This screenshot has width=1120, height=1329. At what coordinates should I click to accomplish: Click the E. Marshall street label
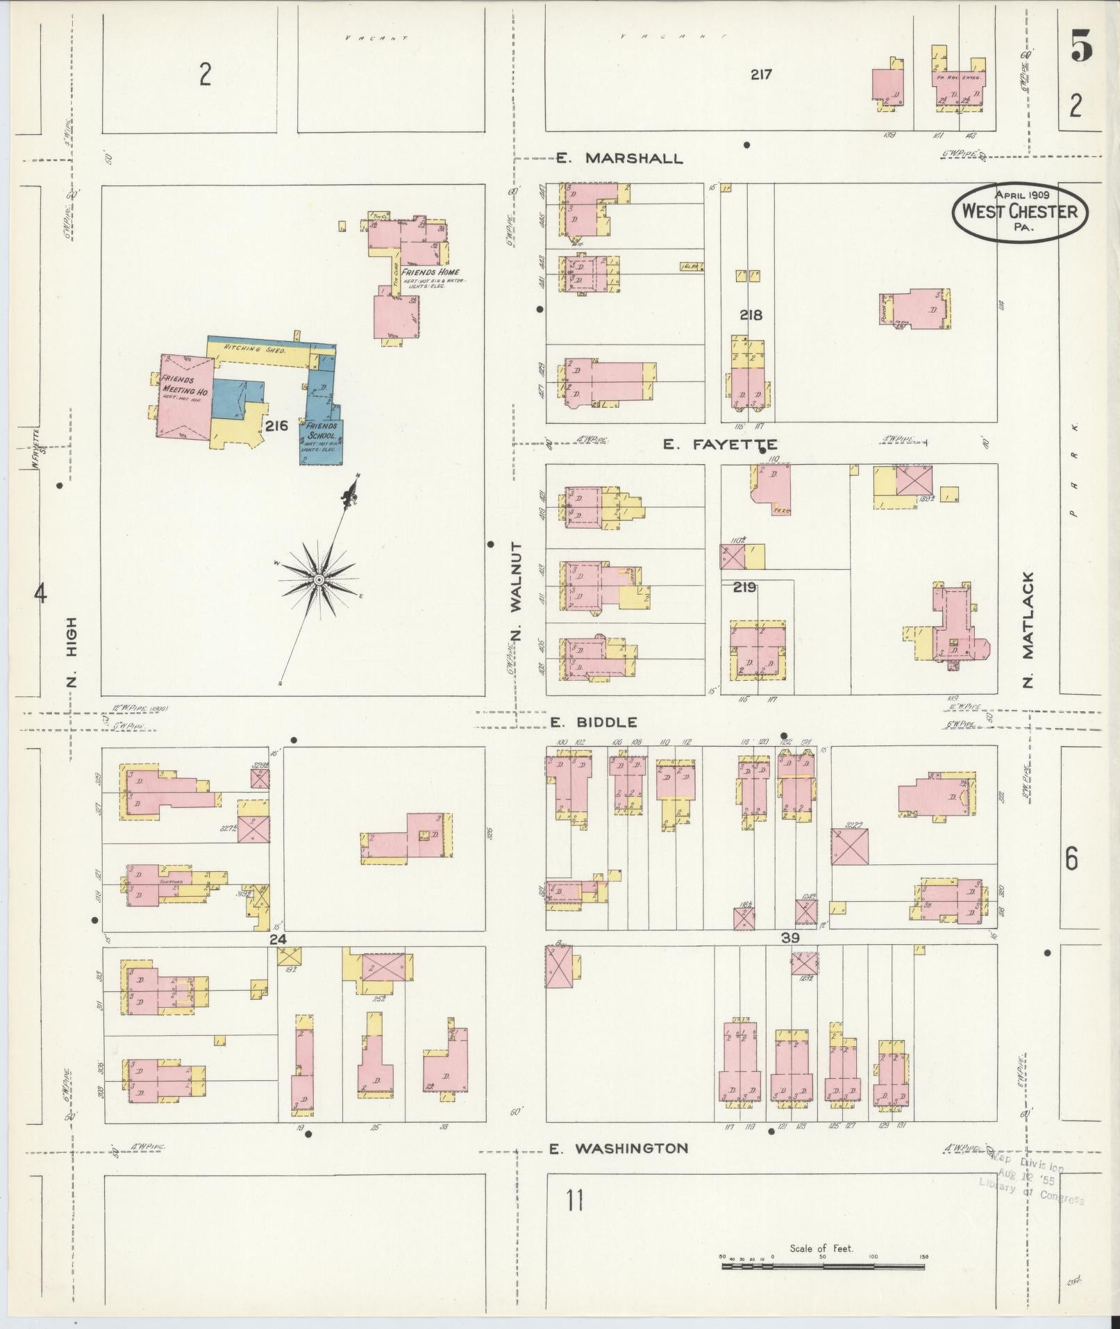pyautogui.click(x=619, y=158)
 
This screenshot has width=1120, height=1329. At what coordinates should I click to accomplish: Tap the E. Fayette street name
pyautogui.click(x=719, y=445)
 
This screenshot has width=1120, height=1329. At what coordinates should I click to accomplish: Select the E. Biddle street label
pyautogui.click(x=594, y=723)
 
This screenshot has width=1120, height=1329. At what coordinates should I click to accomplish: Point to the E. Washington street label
pyautogui.click(x=619, y=1148)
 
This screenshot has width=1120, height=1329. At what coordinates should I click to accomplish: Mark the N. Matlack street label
pyautogui.click(x=1028, y=629)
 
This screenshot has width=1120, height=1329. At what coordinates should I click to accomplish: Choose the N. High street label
pyautogui.click(x=72, y=651)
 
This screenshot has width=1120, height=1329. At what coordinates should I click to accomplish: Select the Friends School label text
pyautogui.click(x=321, y=431)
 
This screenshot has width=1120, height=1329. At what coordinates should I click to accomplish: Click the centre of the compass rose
pyautogui.click(x=319, y=579)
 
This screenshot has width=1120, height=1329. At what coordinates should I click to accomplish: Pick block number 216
pyautogui.click(x=276, y=426)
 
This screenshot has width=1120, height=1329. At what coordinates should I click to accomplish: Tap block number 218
pyautogui.click(x=751, y=315)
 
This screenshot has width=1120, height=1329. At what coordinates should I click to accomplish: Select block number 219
pyautogui.click(x=744, y=588)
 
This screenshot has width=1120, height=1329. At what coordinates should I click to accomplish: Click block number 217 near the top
pyautogui.click(x=761, y=74)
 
